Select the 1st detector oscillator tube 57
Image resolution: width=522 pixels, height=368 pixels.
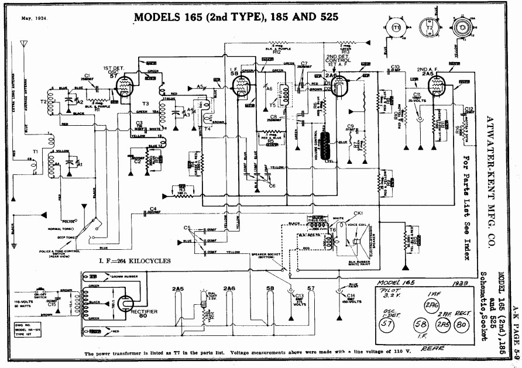pos(124,89)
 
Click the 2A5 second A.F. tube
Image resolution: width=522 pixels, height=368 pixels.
pos(436,87)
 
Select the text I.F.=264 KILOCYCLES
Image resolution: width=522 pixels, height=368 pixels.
pos(135,261)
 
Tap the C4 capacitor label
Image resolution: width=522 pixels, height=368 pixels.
pos(153,208)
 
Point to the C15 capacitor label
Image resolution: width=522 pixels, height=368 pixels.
pos(52,304)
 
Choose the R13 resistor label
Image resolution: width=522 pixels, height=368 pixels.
pos(346,51)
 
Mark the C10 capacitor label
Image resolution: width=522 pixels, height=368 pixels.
pos(395,66)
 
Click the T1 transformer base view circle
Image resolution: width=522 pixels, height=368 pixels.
pos(396,27)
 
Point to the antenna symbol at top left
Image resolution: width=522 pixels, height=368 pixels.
pos(23,44)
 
